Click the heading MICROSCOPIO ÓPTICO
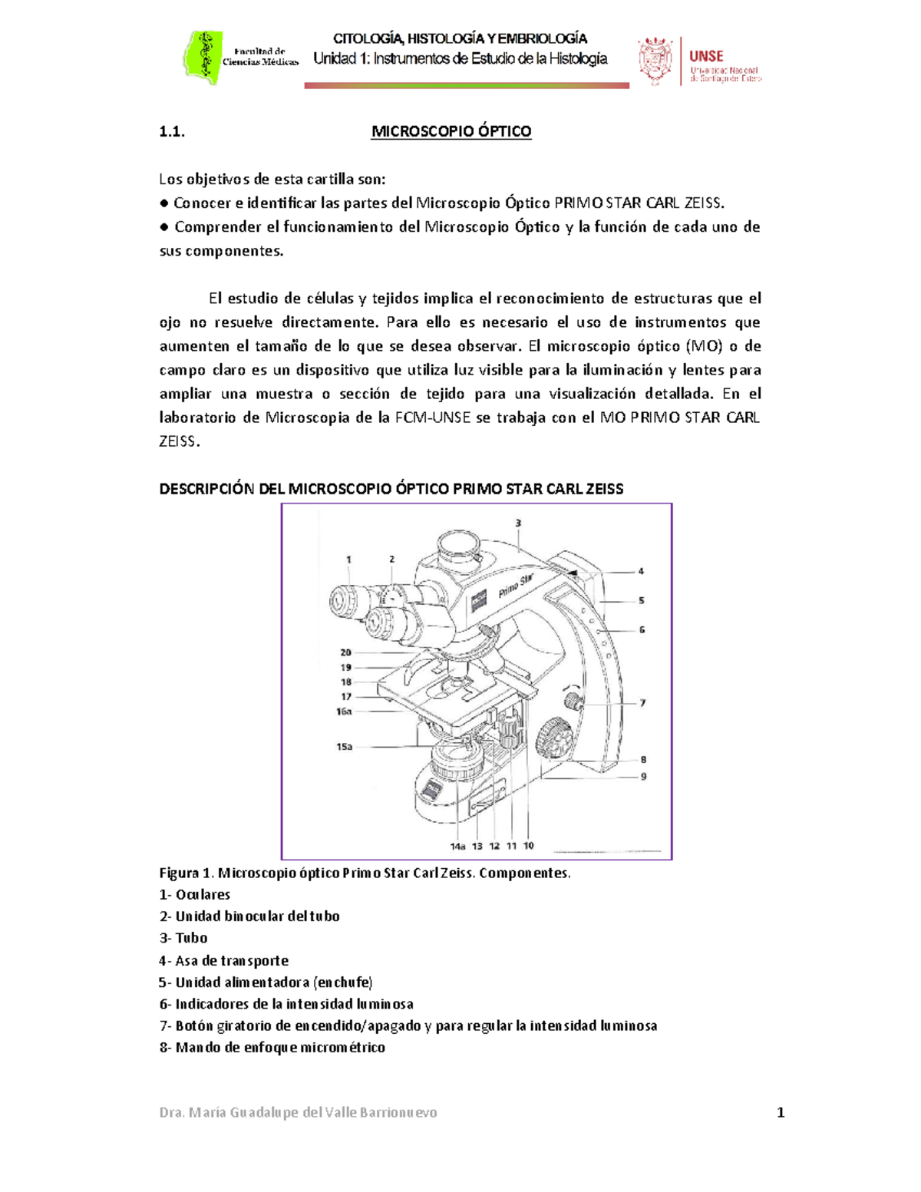tap(451, 131)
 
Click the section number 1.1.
tap(172, 131)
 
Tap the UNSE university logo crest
tap(655, 60)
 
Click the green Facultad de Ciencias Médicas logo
tap(203, 58)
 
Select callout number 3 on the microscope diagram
tap(518, 523)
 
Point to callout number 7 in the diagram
tap(642, 702)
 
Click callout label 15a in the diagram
tap(344, 746)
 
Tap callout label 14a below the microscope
tap(457, 846)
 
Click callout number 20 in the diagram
tap(345, 652)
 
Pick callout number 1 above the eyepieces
tap(348, 560)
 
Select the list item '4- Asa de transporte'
tap(224, 960)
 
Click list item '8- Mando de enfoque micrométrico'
tap(272, 1047)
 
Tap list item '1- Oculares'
tap(195, 894)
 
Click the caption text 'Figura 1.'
tap(186, 873)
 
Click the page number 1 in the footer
tap(781, 1112)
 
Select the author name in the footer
tap(298, 1112)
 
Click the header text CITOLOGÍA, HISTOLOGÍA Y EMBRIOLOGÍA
tap(460, 38)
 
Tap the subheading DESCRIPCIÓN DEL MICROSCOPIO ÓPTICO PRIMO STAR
tap(391, 489)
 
